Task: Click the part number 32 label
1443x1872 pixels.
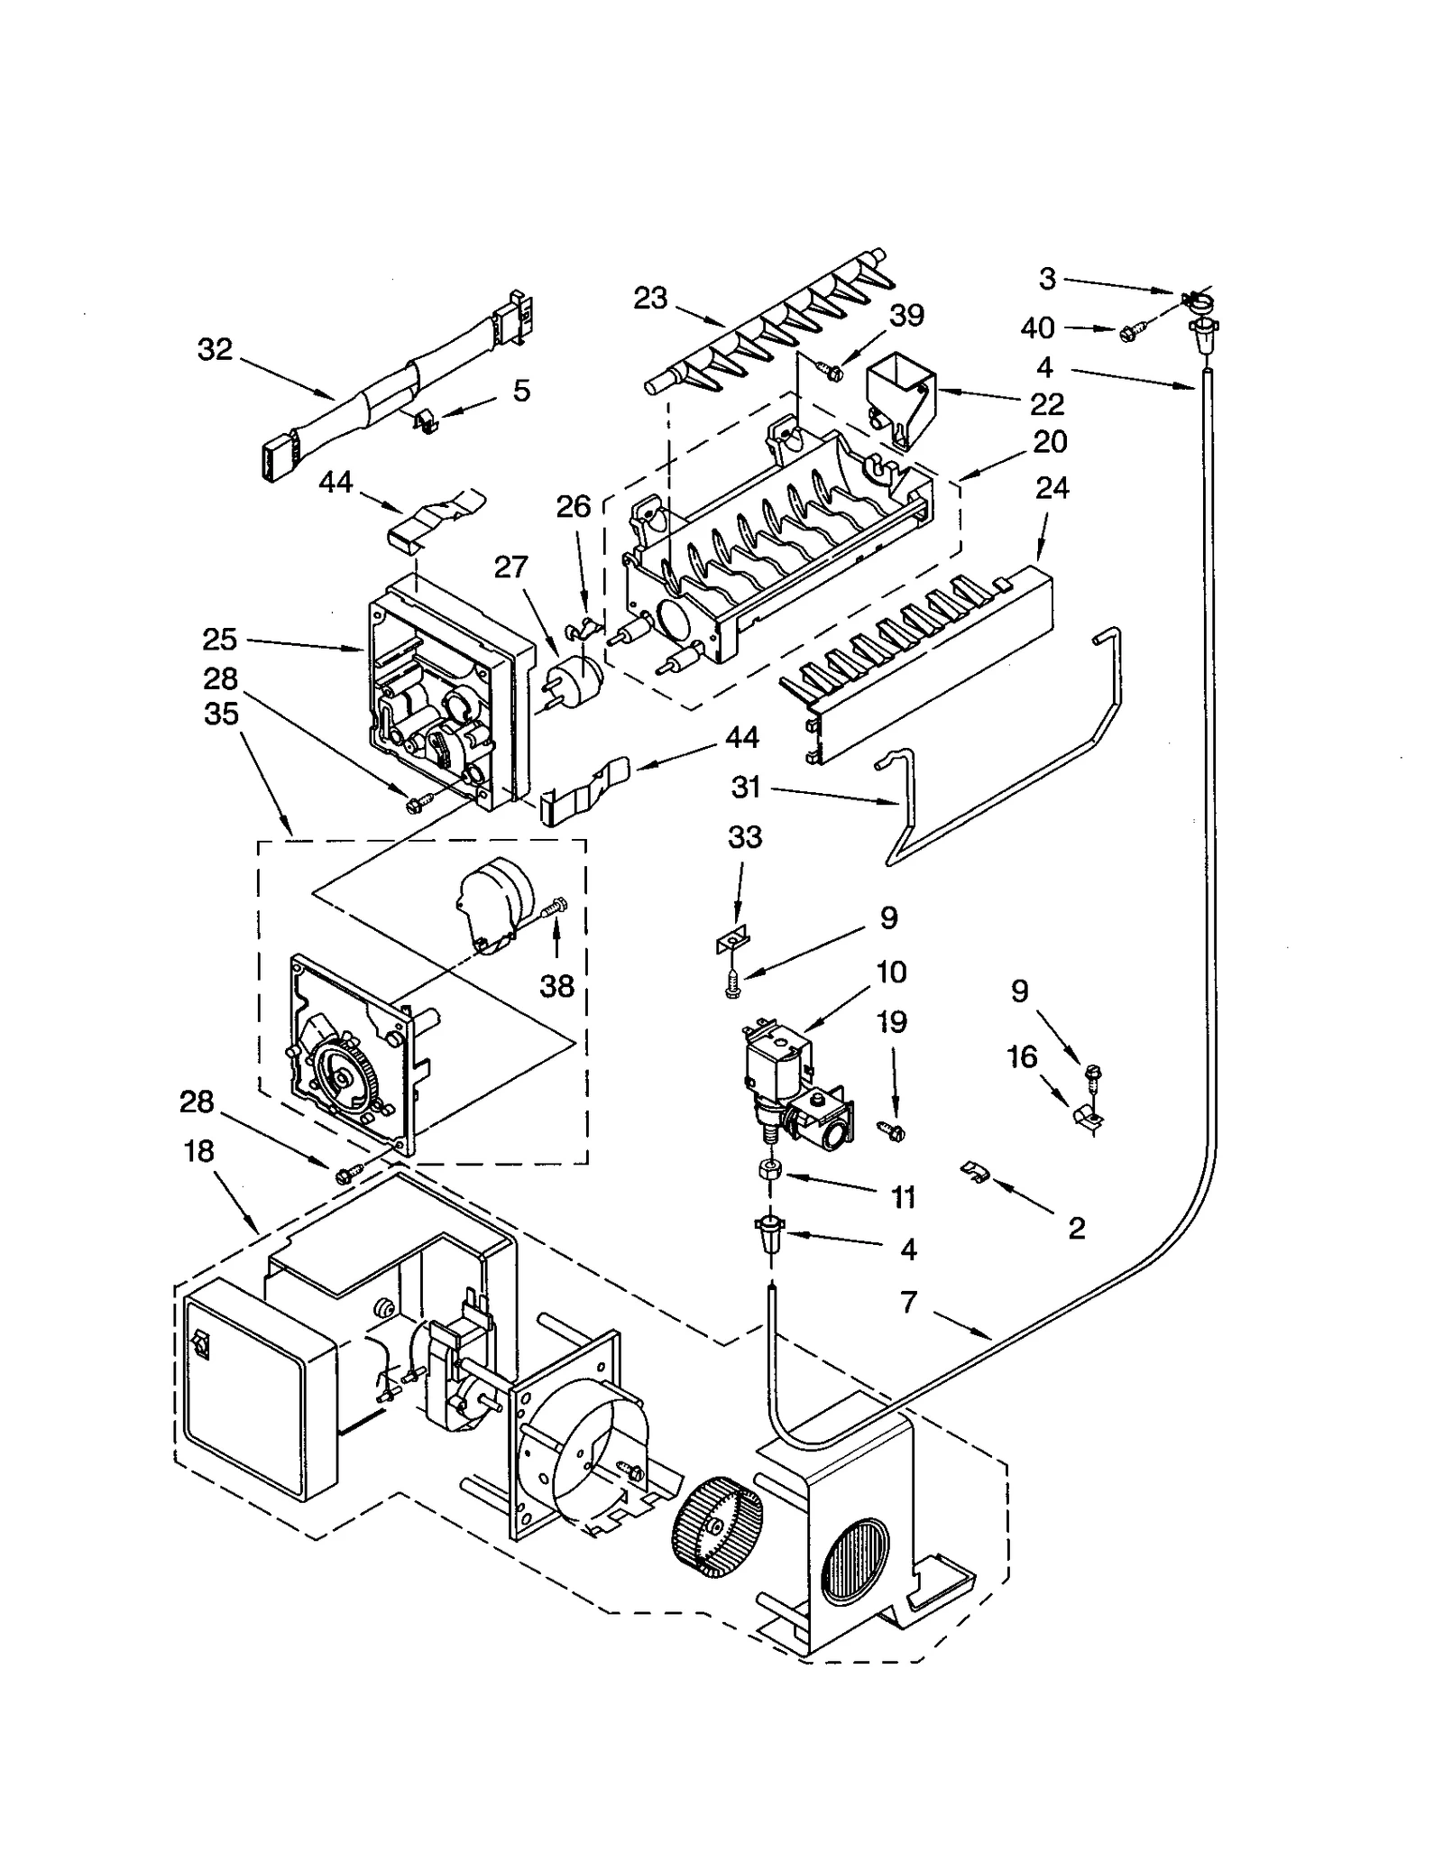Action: pyautogui.click(x=215, y=349)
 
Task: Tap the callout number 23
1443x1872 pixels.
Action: pyautogui.click(x=649, y=298)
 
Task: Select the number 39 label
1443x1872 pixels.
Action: pyautogui.click(x=906, y=316)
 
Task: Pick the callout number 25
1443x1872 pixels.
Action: pyautogui.click(x=219, y=640)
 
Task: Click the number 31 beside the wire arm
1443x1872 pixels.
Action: pyautogui.click(x=747, y=788)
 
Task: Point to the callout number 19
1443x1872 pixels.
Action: pyautogui.click(x=892, y=1022)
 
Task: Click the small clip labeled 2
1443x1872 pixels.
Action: pyautogui.click(x=974, y=1172)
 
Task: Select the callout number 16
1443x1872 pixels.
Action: pyautogui.click(x=1022, y=1056)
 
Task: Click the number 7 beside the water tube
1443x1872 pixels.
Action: pyautogui.click(x=909, y=1303)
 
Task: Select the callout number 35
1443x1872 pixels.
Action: pyautogui.click(x=221, y=714)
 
